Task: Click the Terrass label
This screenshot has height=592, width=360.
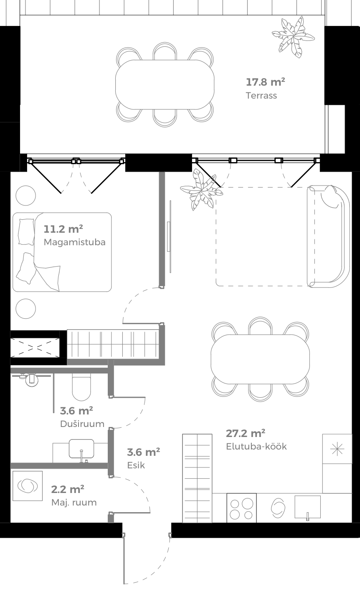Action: [x=261, y=95]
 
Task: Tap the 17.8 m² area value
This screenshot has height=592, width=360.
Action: [x=265, y=81]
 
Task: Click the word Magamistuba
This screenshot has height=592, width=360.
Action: [x=74, y=242]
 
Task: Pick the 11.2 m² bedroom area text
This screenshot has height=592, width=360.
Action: [x=63, y=229]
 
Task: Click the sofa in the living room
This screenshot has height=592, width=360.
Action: [x=328, y=236]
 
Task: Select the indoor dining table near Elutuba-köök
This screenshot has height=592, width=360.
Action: [x=260, y=359]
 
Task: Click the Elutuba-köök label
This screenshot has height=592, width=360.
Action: [x=256, y=446]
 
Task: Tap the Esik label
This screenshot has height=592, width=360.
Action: [x=136, y=465]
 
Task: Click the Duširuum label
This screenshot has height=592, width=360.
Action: [x=82, y=424]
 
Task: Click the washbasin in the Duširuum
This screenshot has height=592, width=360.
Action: [x=81, y=449]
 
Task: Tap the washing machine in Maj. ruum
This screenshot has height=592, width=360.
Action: [x=28, y=486]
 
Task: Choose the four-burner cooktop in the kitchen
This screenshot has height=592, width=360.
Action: [x=241, y=508]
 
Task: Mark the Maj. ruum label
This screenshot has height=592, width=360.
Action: [x=74, y=502]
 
